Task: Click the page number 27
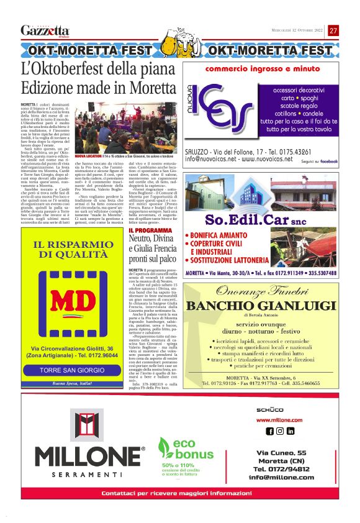pyautogui.click(x=333, y=30)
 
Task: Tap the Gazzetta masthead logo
pyautogui.click(x=45, y=30)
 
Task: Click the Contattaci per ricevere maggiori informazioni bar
pyautogui.click(x=179, y=493)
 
